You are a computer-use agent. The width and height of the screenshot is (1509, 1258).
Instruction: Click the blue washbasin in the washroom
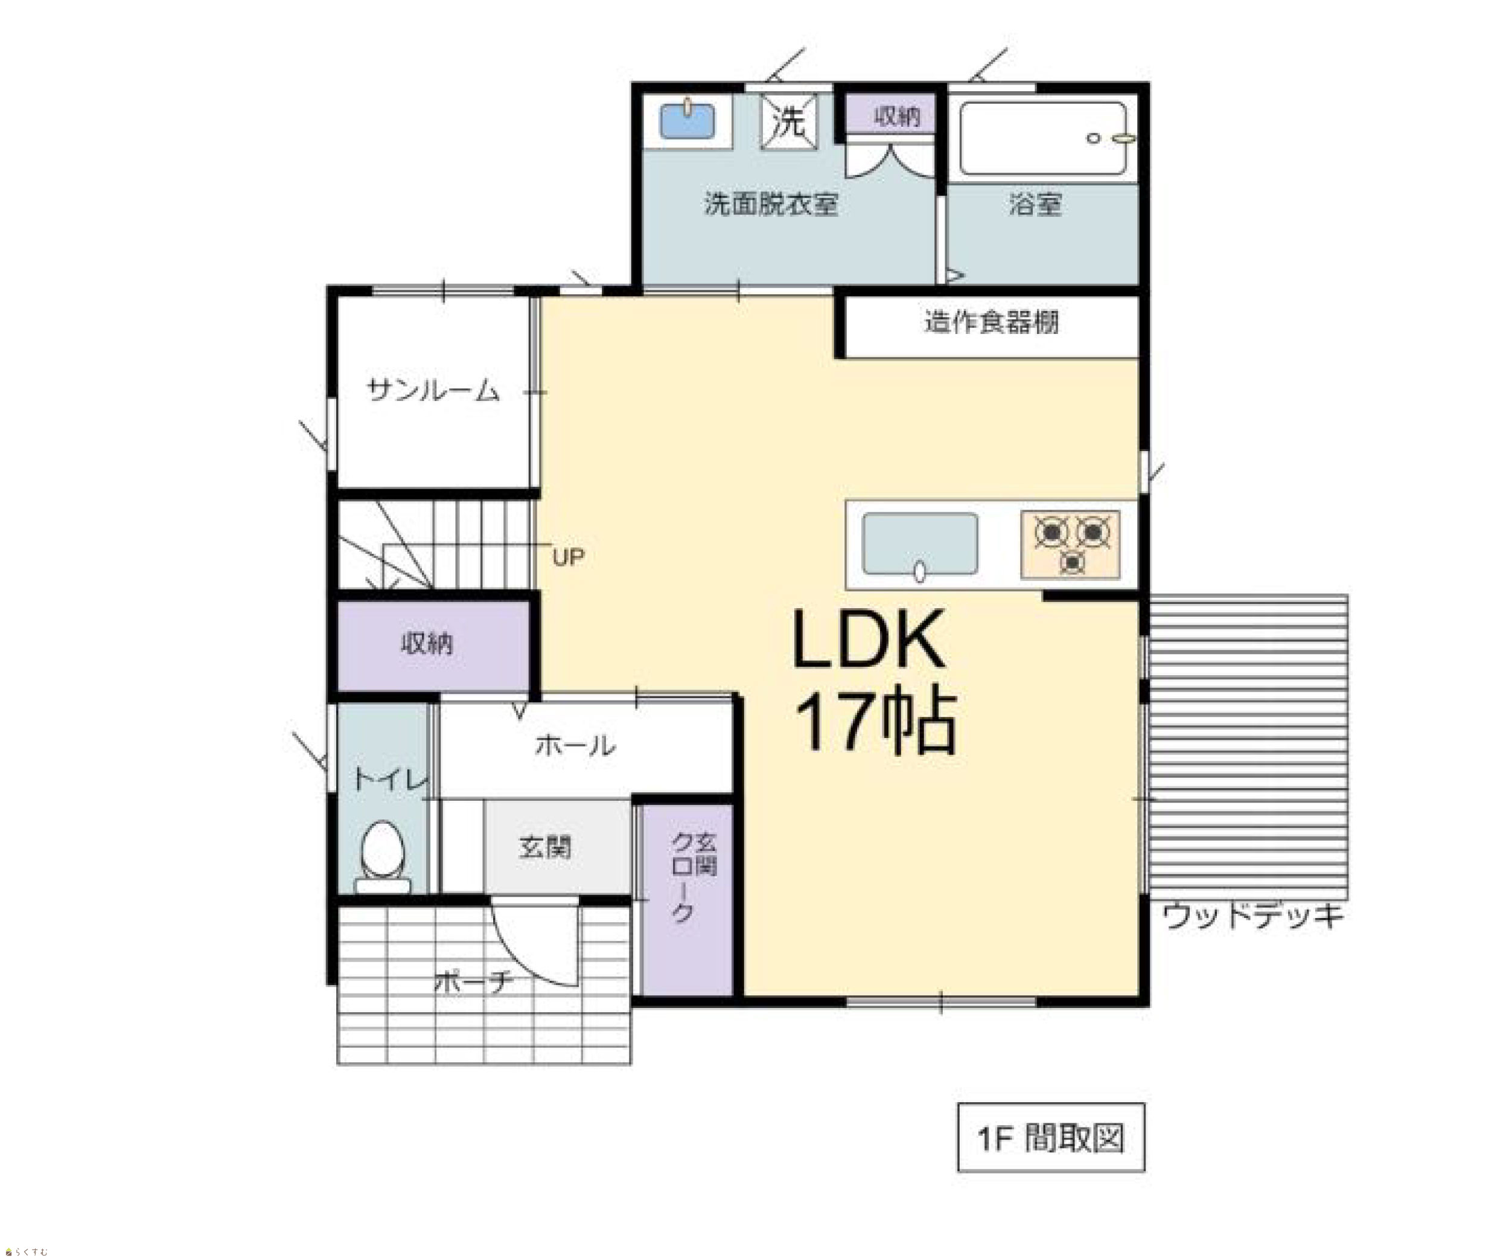(x=687, y=121)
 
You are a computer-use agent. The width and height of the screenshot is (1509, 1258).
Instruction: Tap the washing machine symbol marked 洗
(x=789, y=121)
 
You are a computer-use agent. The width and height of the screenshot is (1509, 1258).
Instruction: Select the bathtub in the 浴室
(x=1044, y=139)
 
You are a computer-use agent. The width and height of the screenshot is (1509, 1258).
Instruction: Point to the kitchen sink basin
(x=920, y=545)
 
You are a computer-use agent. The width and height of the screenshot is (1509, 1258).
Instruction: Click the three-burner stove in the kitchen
(x=1071, y=544)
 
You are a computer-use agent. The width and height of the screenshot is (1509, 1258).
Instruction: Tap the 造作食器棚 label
(x=991, y=322)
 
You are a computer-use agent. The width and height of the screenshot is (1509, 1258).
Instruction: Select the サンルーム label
(x=433, y=390)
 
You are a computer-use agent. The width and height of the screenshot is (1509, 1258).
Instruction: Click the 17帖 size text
(x=876, y=722)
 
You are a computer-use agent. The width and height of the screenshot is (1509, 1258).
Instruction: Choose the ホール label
(x=575, y=745)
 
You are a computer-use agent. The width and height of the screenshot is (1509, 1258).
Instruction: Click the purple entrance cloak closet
(x=687, y=899)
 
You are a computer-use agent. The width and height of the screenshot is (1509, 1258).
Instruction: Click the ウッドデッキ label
(x=1252, y=916)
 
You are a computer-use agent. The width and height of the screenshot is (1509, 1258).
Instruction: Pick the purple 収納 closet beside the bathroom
(x=890, y=114)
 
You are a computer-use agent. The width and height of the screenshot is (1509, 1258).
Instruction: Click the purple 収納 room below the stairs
(x=433, y=645)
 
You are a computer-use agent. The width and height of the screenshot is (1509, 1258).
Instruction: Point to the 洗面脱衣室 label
(x=771, y=204)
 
